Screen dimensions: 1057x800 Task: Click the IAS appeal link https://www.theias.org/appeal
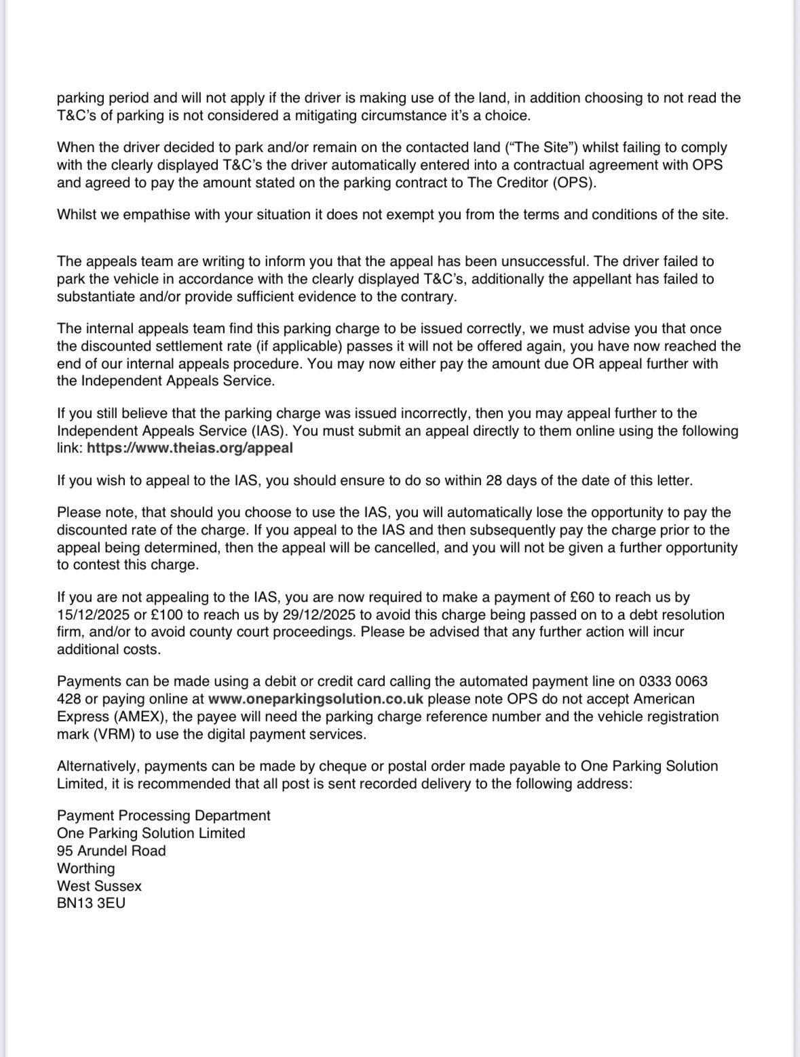pos(190,448)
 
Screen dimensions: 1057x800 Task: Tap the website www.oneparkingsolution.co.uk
pos(316,699)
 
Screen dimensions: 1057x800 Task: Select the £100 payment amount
pos(156,615)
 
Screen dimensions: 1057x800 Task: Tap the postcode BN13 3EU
pos(91,904)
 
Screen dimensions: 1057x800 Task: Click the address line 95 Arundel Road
pos(111,851)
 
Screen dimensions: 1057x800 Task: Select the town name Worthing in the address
pos(85,868)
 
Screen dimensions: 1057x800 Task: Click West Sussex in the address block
pos(99,886)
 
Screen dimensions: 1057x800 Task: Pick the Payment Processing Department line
pos(164,815)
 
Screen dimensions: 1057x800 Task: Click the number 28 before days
pos(493,481)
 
